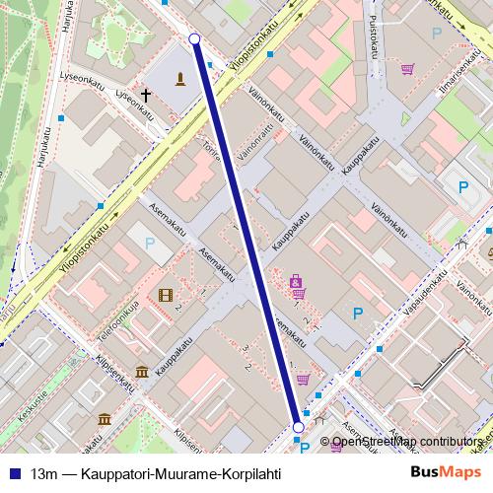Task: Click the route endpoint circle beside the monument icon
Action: pyautogui.click(x=194, y=38)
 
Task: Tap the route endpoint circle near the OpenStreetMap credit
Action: pyautogui.click(x=299, y=427)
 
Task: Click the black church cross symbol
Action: pyautogui.click(x=146, y=96)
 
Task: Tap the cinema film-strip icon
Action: pyautogui.click(x=165, y=295)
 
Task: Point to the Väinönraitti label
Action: pyautogui.click(x=252, y=142)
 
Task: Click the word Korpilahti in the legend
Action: pyautogui.click(x=248, y=473)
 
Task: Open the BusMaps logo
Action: pyautogui.click(x=444, y=472)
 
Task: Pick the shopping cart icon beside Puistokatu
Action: pyautogui.click(x=406, y=69)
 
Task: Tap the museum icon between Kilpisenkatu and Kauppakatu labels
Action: pyautogui.click(x=143, y=372)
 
